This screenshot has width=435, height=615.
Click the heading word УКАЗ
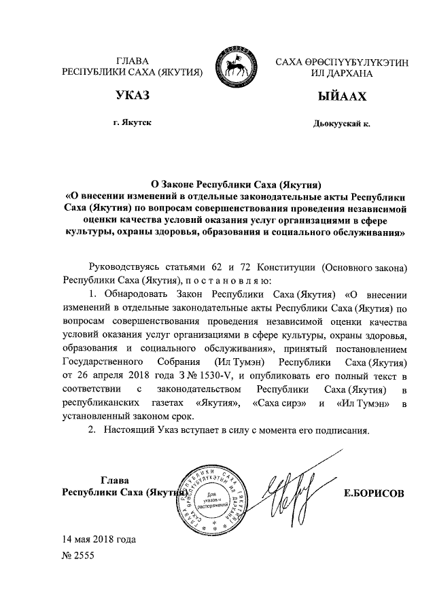132,96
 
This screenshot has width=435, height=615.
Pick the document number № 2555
78,555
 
